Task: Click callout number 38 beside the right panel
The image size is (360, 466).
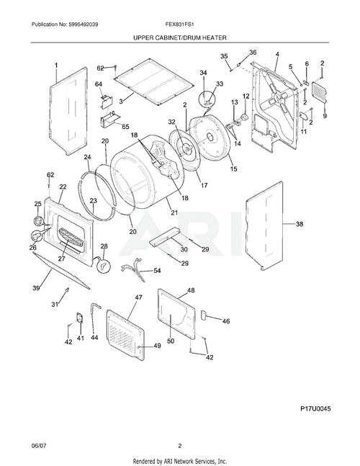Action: tap(300, 224)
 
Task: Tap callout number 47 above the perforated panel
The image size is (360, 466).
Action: tap(138, 297)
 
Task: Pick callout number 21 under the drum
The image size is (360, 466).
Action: tap(174, 212)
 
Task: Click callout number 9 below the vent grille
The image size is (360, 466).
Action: tap(324, 116)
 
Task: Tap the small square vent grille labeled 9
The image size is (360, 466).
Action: tap(321, 94)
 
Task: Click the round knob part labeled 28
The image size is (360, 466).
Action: tap(104, 266)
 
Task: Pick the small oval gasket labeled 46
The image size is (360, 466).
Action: tap(205, 315)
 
